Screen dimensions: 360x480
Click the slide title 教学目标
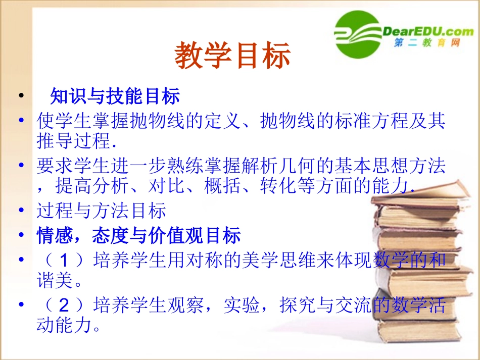coord(233,55)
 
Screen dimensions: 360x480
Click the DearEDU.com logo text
coord(428,31)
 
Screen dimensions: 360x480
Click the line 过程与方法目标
coord(101,211)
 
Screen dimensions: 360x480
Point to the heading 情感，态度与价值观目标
coord(138,235)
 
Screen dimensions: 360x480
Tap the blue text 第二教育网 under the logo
coord(427,44)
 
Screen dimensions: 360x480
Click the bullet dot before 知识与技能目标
coord(21,95)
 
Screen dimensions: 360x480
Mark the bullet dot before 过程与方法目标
coord(21,211)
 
